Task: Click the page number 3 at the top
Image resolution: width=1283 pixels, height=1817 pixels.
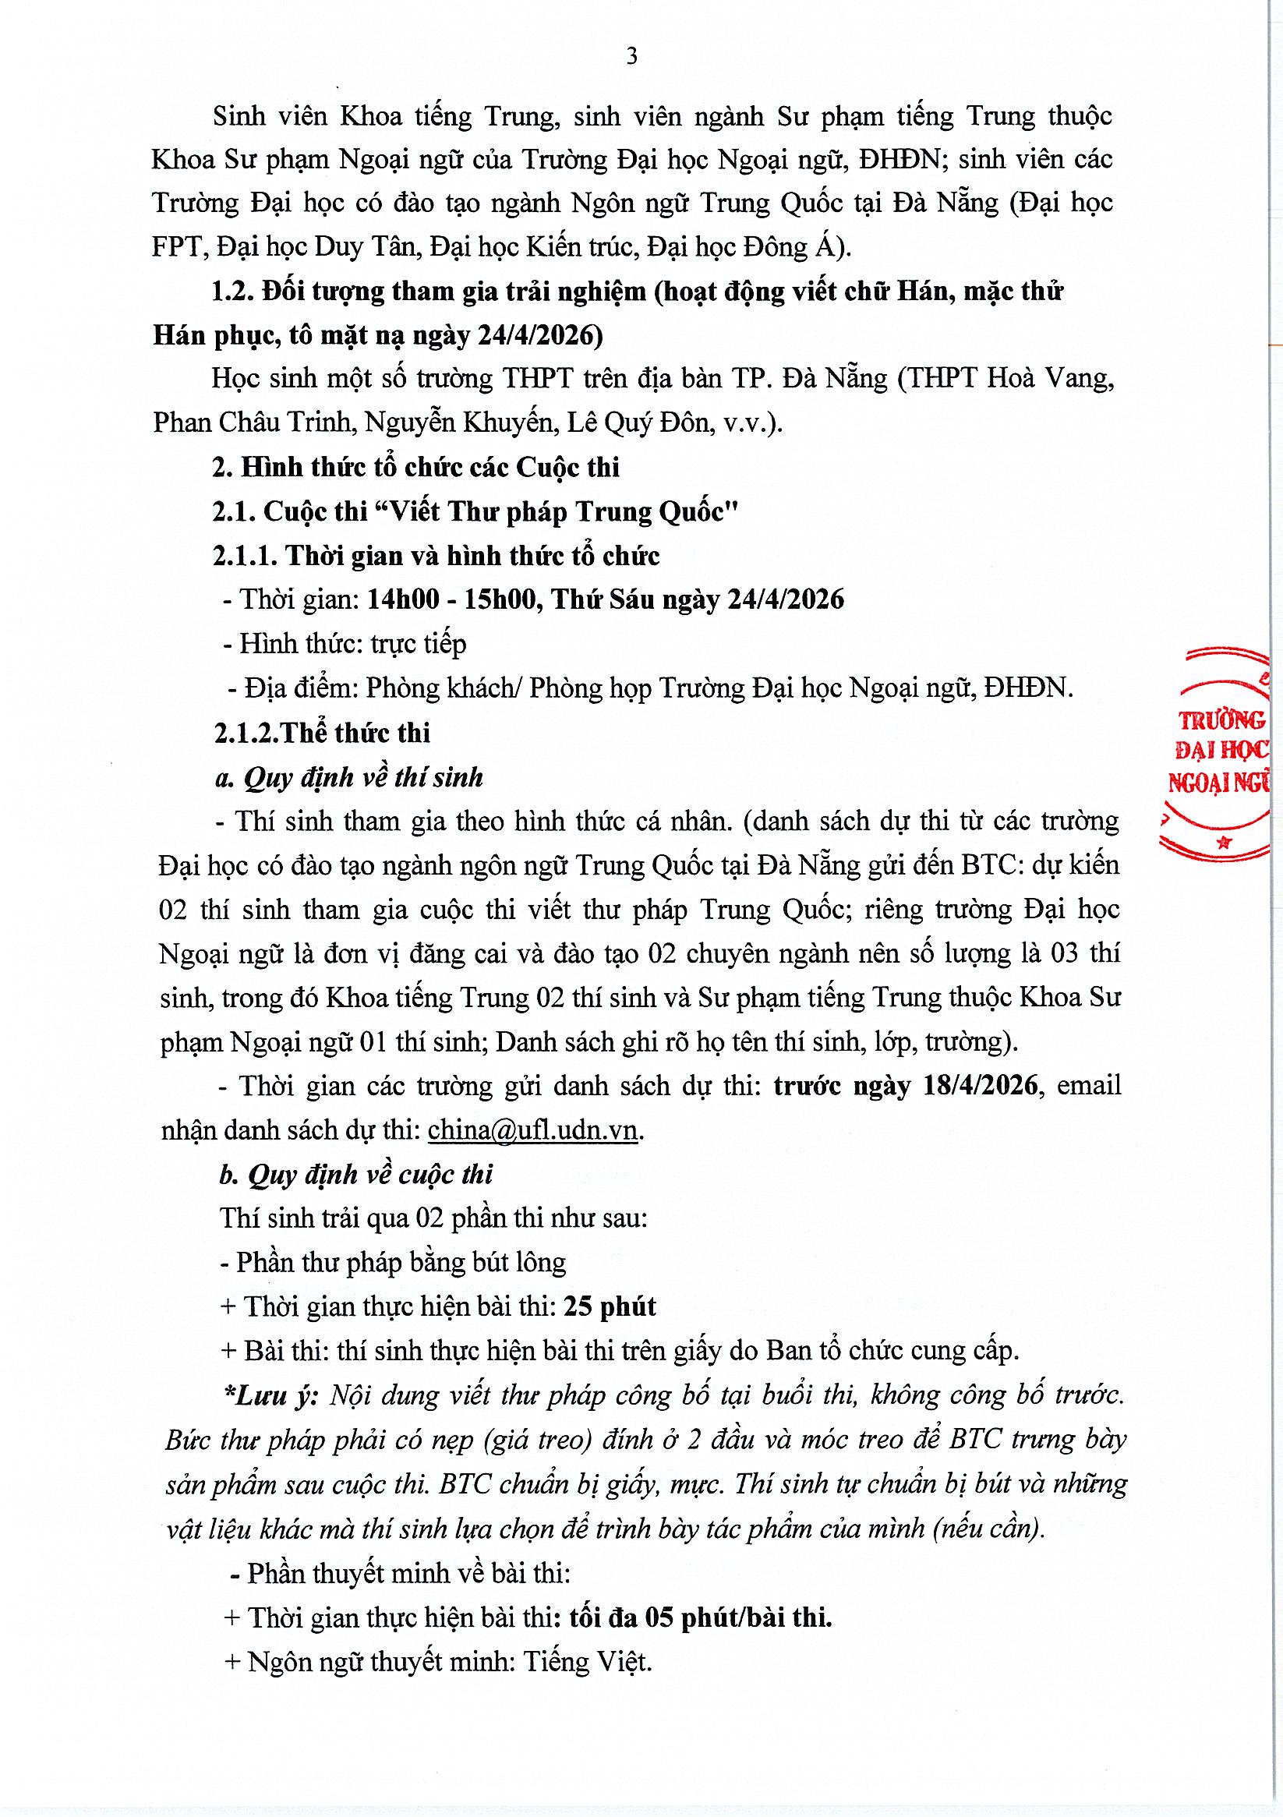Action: click(x=631, y=57)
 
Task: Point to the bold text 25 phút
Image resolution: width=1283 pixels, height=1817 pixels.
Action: click(x=610, y=1306)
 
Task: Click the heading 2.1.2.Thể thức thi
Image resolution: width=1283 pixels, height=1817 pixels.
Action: click(x=322, y=733)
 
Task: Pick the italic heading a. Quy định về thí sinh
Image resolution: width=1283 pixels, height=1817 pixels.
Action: click(x=349, y=778)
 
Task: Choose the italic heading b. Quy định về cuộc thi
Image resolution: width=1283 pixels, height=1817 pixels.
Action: click(x=356, y=1175)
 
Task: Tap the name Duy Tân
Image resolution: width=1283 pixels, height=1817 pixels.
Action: click(x=366, y=248)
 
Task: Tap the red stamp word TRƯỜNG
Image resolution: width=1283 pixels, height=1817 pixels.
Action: click(x=1221, y=721)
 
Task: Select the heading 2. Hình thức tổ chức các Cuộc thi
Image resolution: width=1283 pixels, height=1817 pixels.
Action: click(x=415, y=468)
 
